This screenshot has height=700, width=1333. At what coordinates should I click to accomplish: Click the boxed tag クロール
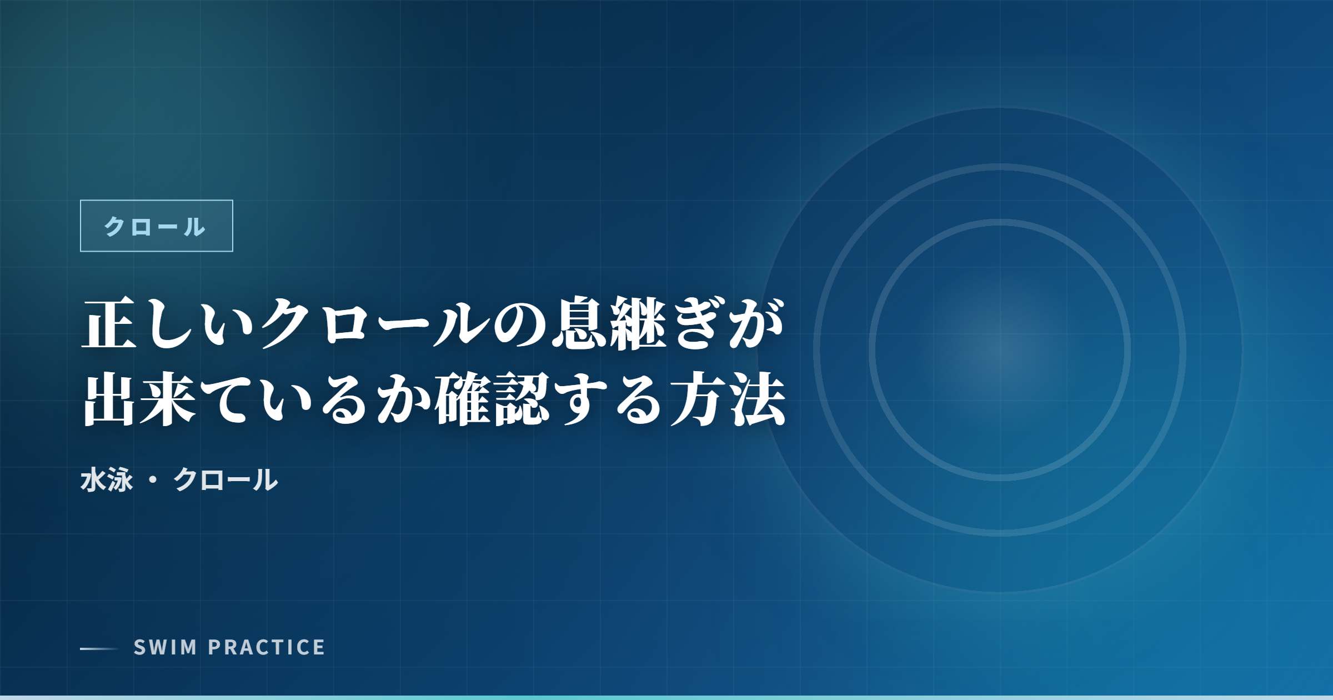pyautogui.click(x=156, y=226)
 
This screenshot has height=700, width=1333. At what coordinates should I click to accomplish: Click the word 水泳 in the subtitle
pyautogui.click(x=107, y=480)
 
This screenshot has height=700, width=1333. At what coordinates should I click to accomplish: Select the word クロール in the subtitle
pyautogui.click(x=225, y=480)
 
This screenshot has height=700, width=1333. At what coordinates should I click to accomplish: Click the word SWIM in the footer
pyautogui.click(x=166, y=647)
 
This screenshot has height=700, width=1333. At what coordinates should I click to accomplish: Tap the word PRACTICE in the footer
pyautogui.click(x=267, y=647)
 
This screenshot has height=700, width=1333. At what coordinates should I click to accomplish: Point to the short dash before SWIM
pyautogui.click(x=99, y=648)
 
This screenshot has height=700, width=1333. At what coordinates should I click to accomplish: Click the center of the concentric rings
pyautogui.click(x=1000, y=350)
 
